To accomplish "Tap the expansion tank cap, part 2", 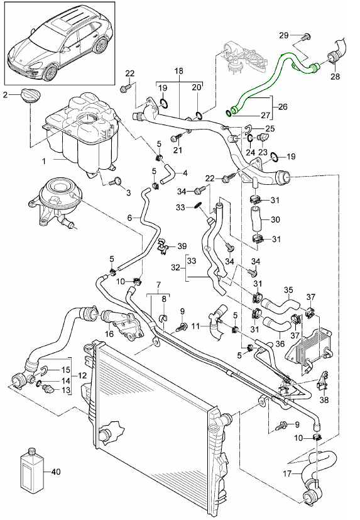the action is pos(31,95).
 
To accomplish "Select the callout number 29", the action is pos(284,35).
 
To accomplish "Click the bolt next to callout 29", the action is pos(306,37).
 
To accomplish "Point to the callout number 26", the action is pos(283,107).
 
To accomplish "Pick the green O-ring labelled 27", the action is pos(229,113).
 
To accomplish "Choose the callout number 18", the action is pos(178,71).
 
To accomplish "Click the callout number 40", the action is pos(57,471).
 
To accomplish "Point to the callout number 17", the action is pos(287,474).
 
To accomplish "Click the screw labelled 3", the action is pos(116,182).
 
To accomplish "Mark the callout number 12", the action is pos(82,375).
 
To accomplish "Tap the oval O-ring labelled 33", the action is pos(197,206).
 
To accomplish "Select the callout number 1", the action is pos(43,162).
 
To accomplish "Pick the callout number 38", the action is pos(324,400).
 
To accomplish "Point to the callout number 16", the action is pos(109,333).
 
